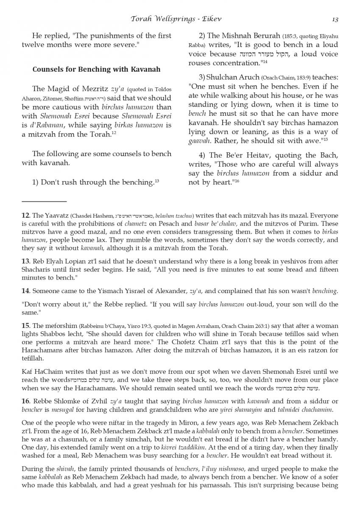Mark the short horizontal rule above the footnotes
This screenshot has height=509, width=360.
44,201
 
